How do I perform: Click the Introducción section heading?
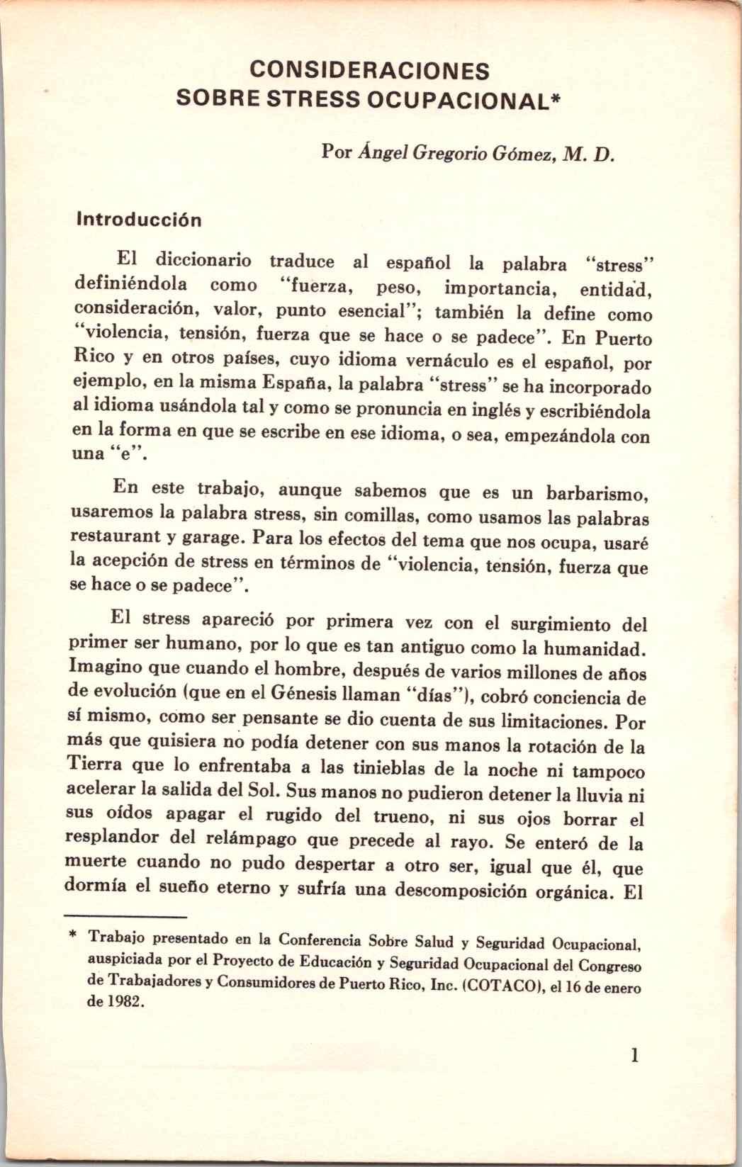[139, 219]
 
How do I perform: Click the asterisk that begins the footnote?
[72, 937]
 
